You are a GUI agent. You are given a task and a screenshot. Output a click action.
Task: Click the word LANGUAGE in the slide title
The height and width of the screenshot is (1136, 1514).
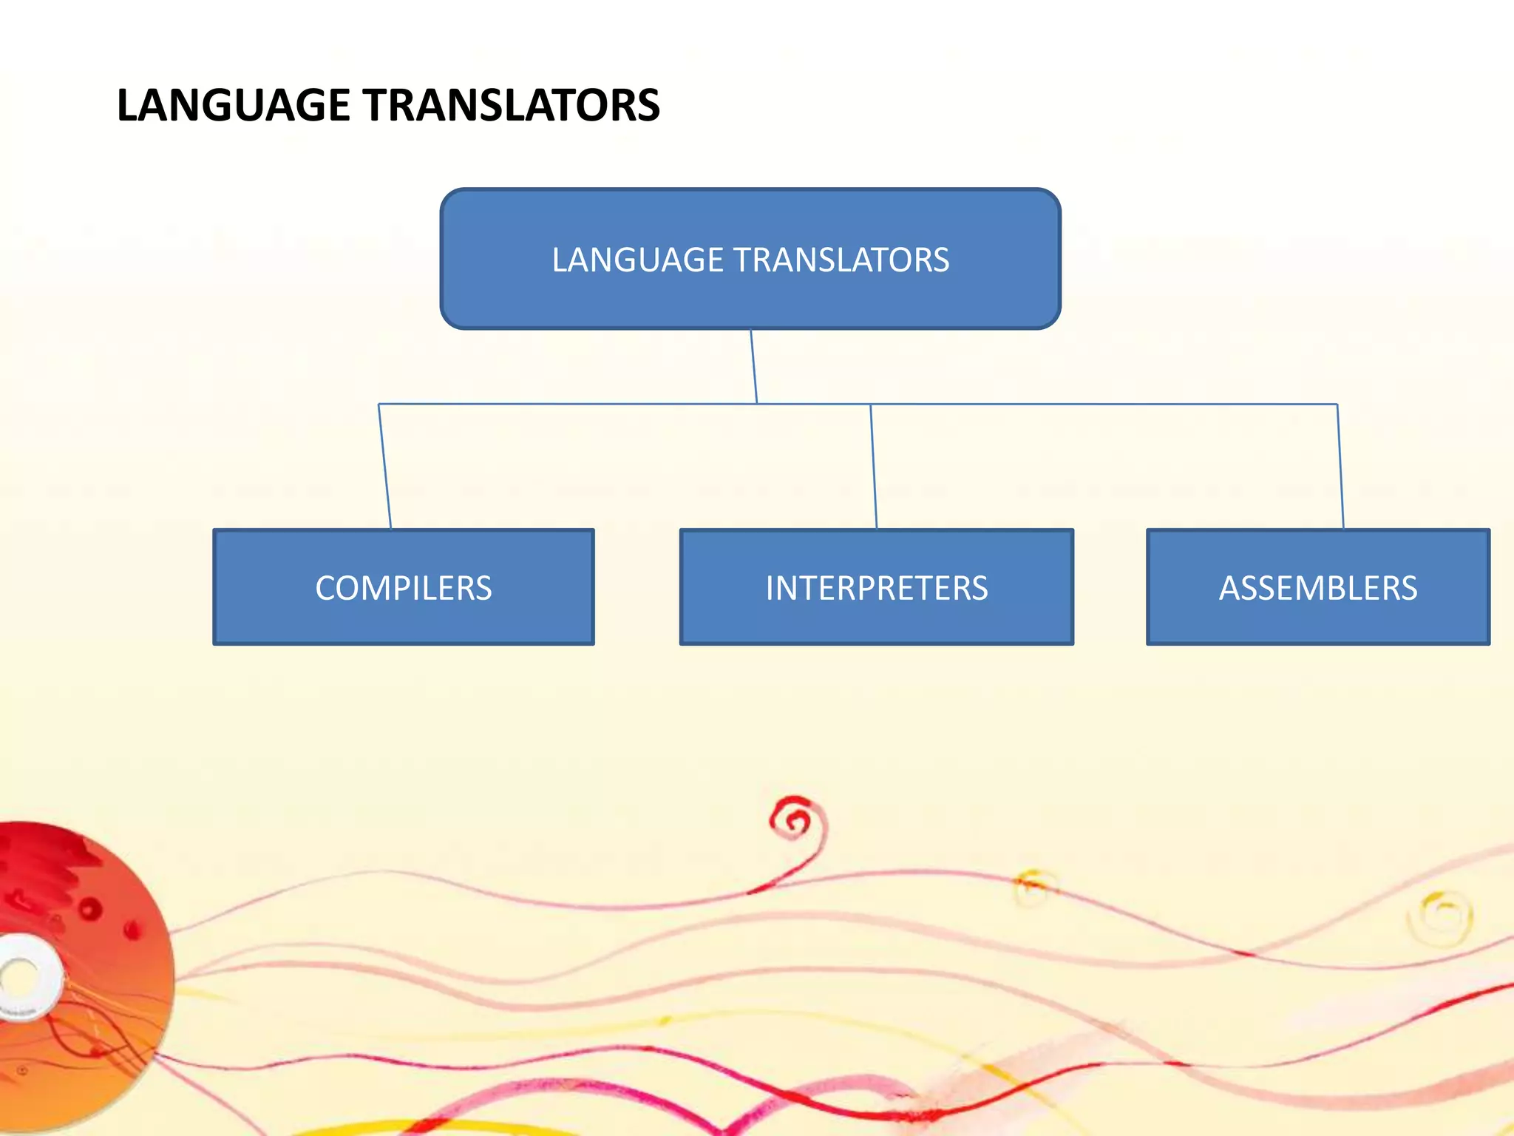(x=233, y=105)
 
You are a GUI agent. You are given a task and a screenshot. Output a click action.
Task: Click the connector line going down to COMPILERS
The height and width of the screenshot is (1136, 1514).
(x=384, y=466)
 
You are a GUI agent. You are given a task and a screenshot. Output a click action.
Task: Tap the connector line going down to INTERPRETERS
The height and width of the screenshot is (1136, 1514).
(x=873, y=466)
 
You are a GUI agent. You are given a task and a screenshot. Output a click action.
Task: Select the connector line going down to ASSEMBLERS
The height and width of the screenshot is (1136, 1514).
(x=1340, y=466)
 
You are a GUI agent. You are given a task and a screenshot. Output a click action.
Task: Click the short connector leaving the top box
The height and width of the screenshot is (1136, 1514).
(x=754, y=366)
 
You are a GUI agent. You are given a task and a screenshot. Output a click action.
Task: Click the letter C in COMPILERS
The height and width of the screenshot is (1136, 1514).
(x=325, y=589)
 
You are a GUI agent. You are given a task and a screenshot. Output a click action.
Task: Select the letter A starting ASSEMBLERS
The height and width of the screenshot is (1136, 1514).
(x=1229, y=589)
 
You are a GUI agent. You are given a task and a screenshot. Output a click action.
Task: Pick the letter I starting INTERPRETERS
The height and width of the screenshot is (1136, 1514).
(x=770, y=589)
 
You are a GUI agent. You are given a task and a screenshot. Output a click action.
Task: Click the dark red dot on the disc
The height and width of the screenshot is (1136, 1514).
(x=90, y=908)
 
